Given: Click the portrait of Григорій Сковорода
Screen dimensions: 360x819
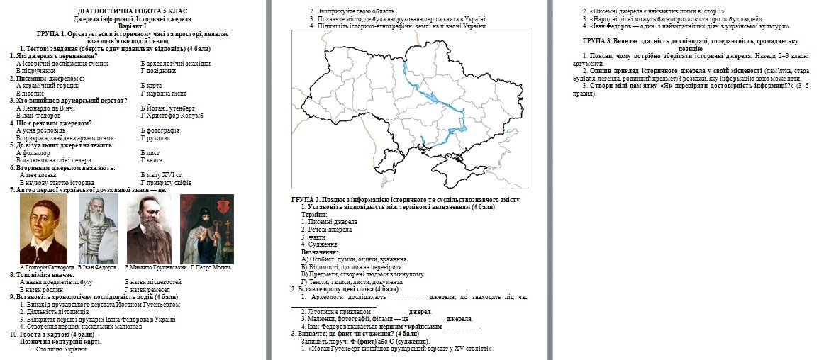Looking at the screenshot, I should pyautogui.click(x=43, y=229).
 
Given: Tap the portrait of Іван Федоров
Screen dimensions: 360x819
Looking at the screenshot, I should pyautogui.click(x=98, y=229).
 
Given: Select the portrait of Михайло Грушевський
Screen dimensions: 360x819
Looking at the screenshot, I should pyautogui.click(x=149, y=229).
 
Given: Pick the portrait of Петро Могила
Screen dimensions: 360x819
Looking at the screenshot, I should pyautogui.click(x=207, y=229).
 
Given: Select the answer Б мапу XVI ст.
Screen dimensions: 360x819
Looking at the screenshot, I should pyautogui.click(x=162, y=174).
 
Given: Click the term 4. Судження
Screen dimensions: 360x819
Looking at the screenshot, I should pyautogui.click(x=316, y=244).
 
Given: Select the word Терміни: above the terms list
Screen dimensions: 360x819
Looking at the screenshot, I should pyautogui.click(x=314, y=214).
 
